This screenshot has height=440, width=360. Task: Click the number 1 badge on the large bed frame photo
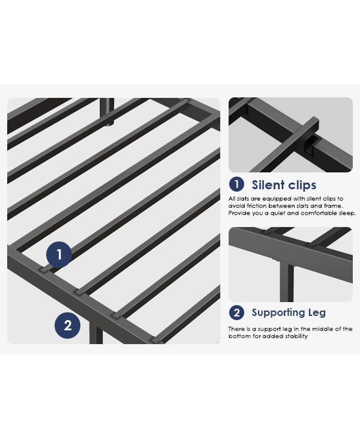(59, 254)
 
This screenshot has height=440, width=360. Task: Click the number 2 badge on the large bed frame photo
(67, 325)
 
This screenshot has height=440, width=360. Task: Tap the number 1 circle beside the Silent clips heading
(236, 185)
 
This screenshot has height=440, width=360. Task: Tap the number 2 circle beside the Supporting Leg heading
(236, 313)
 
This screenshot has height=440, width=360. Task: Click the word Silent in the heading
(268, 185)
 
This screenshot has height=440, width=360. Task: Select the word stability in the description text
(293, 336)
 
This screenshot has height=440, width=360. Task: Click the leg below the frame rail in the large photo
(96, 336)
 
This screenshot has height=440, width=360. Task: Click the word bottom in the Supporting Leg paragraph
(238, 336)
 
